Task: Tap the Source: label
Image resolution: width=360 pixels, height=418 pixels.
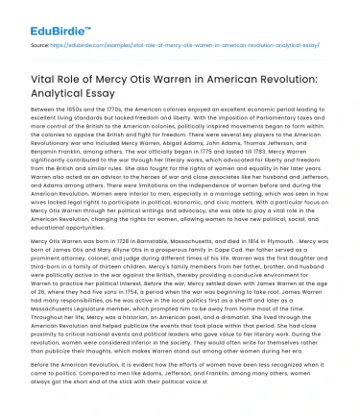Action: tap(38, 44)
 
